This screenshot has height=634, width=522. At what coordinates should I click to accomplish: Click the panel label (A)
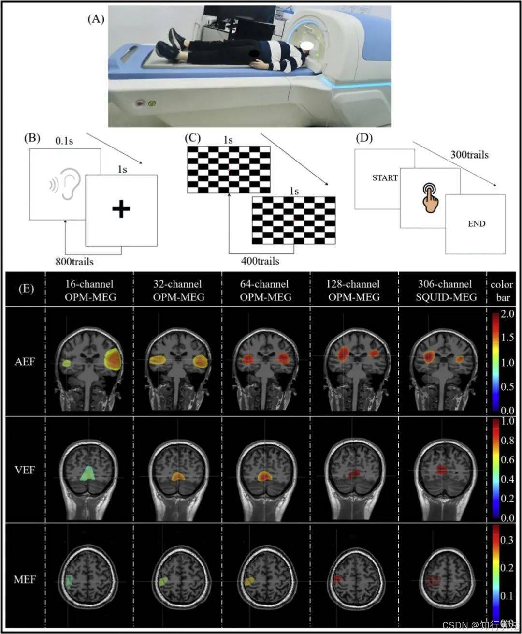tap(96, 19)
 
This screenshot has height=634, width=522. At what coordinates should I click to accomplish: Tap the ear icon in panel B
tap(66, 184)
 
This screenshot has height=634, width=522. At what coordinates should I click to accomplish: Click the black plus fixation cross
tap(121, 209)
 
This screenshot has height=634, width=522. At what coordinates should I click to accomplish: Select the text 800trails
tap(75, 262)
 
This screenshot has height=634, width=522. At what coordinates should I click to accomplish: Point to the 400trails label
tap(260, 261)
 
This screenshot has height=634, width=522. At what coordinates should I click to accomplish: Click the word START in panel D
tap(385, 177)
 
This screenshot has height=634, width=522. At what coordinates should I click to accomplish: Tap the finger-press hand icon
tap(430, 197)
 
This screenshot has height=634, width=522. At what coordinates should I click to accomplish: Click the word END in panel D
tap(476, 224)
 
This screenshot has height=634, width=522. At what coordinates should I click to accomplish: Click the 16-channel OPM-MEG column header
tap(90, 291)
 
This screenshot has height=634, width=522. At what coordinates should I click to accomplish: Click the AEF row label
tap(25, 361)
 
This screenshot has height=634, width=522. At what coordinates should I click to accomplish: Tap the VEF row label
tap(25, 469)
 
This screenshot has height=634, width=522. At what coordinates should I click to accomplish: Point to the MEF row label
tap(25, 579)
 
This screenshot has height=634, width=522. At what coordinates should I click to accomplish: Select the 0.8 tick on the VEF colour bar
tap(507, 441)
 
